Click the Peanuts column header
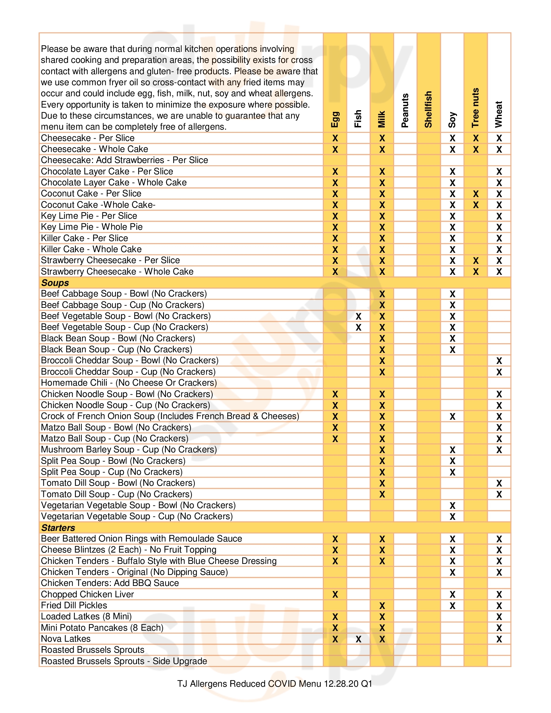click(405, 110)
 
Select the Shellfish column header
click(428, 109)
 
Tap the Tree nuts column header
click(475, 108)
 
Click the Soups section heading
click(55, 283)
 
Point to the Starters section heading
click(58, 528)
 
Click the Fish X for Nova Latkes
click(358, 639)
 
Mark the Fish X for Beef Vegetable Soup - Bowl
click(358, 316)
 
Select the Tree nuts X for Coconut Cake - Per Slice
click(476, 194)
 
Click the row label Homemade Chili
click(129, 383)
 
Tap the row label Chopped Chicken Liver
click(88, 594)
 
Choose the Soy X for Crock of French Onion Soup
click(452, 416)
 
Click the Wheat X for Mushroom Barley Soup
click(499, 450)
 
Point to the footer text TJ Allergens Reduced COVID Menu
click(275, 684)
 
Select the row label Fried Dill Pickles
click(74, 605)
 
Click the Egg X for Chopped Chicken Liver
click(335, 594)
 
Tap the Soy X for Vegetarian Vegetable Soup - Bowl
click(452, 506)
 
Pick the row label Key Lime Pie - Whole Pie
click(92, 227)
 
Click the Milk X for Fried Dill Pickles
click(382, 606)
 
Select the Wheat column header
click(499, 114)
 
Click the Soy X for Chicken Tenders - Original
click(452, 572)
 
